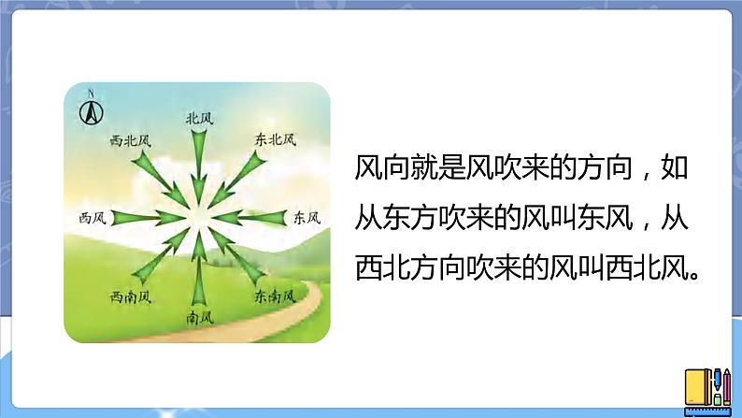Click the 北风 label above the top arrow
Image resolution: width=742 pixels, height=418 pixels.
point(199,119)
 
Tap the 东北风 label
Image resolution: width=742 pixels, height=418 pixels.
point(275,139)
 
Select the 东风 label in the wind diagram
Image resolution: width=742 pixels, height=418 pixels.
point(307,218)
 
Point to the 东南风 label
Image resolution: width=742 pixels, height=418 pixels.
point(275,296)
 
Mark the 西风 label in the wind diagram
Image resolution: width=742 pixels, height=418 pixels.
point(93,218)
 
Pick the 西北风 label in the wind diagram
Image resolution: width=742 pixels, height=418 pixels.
point(130,140)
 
